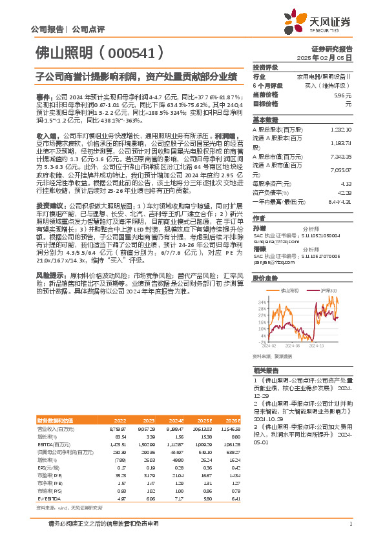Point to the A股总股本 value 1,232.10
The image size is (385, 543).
click(341, 129)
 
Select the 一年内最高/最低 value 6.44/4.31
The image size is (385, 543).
click(340, 202)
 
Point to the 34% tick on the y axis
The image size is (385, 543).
click(260, 301)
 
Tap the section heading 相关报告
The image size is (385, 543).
click(265, 371)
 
